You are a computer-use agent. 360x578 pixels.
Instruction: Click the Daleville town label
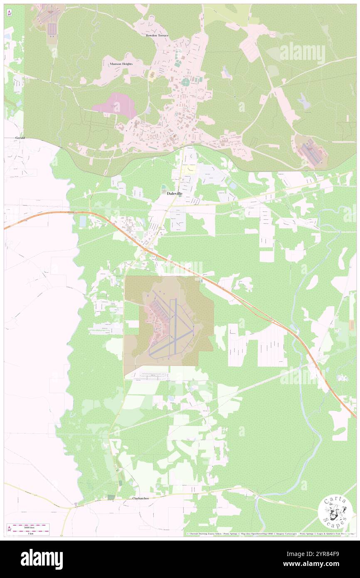click(x=174, y=193)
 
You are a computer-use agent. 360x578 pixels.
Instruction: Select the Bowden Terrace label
click(x=157, y=35)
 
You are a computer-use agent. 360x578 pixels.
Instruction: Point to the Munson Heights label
click(x=121, y=64)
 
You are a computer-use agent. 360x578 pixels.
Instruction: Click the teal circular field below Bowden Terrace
click(x=185, y=82)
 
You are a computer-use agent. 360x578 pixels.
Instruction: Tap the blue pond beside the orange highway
click(x=83, y=221)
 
